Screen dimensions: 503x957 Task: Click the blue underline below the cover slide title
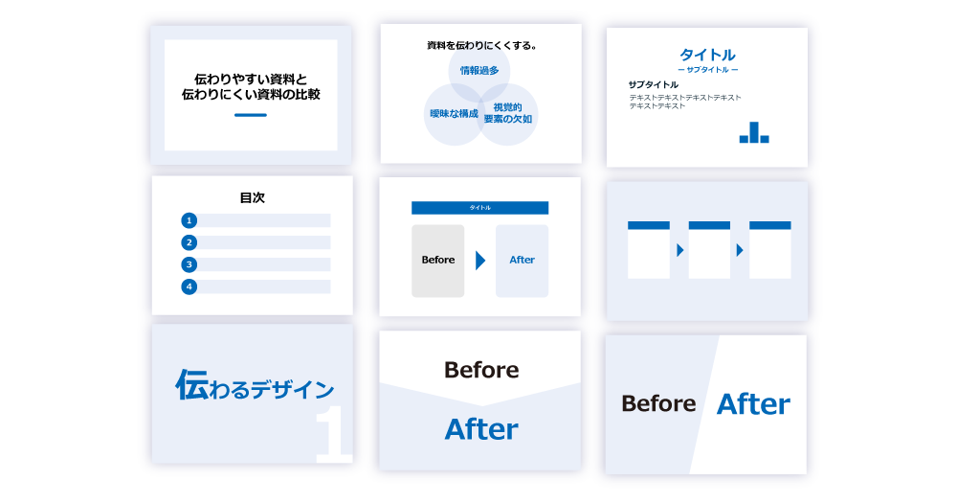tap(251, 115)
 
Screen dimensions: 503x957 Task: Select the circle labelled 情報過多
tap(479, 71)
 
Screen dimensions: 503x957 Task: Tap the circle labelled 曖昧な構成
tap(454, 114)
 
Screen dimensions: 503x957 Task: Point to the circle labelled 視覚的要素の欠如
tap(507, 114)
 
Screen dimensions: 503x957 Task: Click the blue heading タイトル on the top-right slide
tap(707, 55)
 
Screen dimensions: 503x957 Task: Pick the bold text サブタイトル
tap(654, 84)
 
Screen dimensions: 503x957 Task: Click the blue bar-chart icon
tap(754, 133)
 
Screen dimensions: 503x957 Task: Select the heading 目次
tap(252, 197)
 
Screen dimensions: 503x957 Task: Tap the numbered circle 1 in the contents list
tap(189, 220)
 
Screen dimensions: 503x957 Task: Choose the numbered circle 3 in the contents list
tap(189, 264)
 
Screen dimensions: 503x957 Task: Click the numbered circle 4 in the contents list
tap(189, 286)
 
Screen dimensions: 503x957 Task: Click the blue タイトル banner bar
tap(479, 208)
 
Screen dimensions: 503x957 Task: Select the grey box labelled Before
tap(438, 261)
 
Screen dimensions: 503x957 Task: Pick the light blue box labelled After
tap(522, 261)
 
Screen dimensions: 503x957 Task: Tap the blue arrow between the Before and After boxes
tap(480, 261)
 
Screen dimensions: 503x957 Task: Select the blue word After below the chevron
tap(481, 428)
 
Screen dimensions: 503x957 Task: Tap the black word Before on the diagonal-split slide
tap(658, 404)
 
